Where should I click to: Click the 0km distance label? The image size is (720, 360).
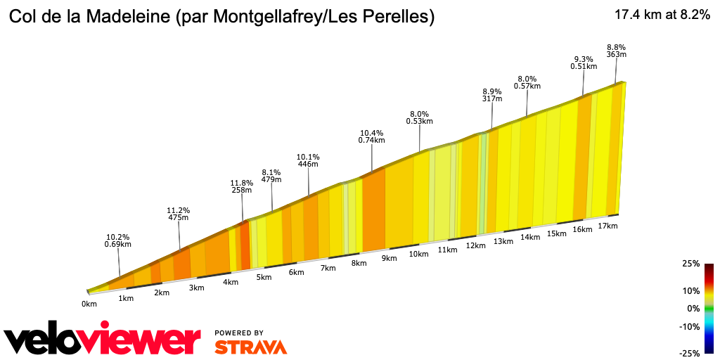click(x=89, y=304)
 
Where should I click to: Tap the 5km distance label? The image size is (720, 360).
click(x=264, y=278)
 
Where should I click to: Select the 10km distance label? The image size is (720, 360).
click(x=418, y=254)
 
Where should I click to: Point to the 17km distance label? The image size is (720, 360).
click(x=607, y=226)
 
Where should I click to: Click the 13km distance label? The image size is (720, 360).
click(x=503, y=242)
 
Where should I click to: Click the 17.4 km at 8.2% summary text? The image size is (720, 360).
click(x=662, y=15)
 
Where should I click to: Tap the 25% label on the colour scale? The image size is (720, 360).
click(x=690, y=264)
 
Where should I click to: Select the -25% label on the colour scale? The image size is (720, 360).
click(x=689, y=353)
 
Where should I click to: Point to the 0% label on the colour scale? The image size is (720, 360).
click(x=693, y=309)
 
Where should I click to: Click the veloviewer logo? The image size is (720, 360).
click(x=102, y=341)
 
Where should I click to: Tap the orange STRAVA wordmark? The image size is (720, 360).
click(x=250, y=347)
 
